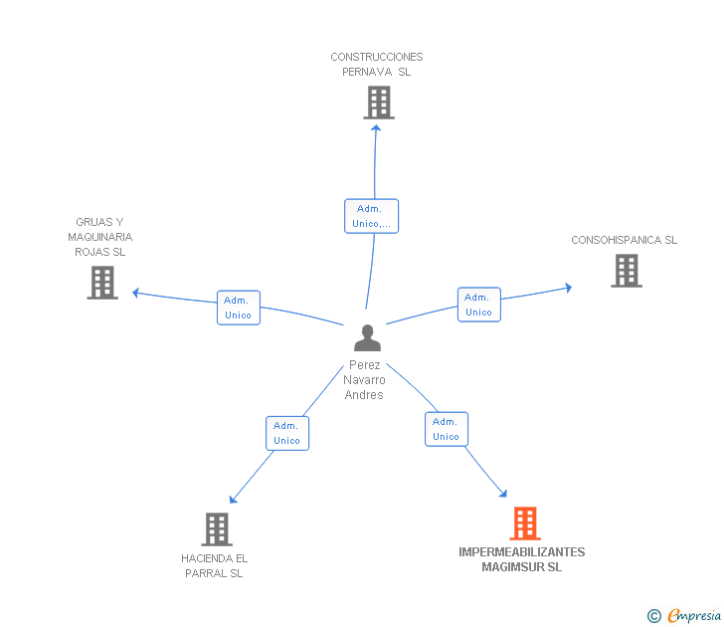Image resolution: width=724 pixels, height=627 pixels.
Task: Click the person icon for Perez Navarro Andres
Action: click(x=368, y=337)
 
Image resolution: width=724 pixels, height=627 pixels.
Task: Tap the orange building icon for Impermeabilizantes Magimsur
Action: click(x=525, y=523)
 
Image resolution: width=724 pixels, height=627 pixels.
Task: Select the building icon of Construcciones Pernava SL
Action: click(x=379, y=103)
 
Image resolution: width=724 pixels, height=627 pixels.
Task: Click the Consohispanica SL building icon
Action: click(x=627, y=271)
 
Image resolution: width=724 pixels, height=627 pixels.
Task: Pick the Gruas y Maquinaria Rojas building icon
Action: click(x=102, y=283)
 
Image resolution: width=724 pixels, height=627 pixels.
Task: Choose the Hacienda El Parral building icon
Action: click(x=217, y=529)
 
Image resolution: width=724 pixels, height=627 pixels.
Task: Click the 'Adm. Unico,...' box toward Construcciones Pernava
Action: click(x=371, y=216)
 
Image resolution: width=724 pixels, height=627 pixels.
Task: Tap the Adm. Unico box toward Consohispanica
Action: click(x=479, y=305)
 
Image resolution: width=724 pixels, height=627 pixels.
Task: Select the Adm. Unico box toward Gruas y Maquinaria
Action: click(x=239, y=308)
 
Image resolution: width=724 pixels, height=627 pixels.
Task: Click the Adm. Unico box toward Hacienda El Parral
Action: click(x=287, y=433)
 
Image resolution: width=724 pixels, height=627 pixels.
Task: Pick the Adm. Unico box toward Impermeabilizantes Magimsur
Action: click(x=447, y=429)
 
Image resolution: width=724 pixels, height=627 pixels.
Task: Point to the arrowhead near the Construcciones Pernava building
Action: click(x=376, y=128)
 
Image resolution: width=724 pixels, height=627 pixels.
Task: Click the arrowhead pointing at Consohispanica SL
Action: click(x=569, y=288)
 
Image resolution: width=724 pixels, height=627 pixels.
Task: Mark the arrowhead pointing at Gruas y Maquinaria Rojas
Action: click(x=135, y=293)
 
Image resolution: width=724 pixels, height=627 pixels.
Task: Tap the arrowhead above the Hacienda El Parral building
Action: click(x=233, y=500)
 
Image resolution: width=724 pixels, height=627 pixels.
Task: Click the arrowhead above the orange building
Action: click(x=503, y=494)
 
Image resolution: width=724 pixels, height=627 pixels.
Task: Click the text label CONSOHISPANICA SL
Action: click(x=625, y=240)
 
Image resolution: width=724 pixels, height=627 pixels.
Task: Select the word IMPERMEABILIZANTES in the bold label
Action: click(x=522, y=552)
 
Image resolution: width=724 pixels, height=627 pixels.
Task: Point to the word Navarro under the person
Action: click(x=364, y=380)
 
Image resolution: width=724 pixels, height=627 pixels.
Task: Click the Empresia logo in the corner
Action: click(x=684, y=616)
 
